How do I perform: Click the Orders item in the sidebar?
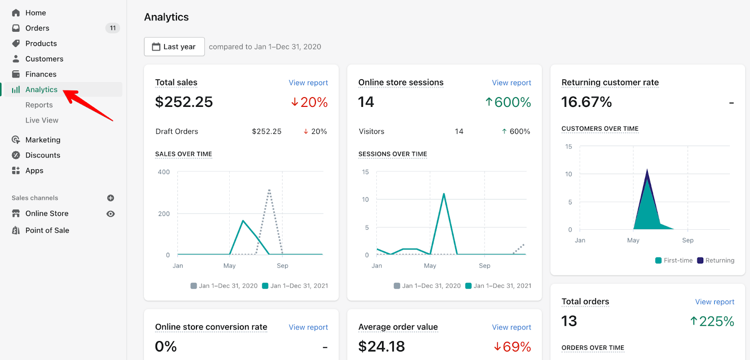pyautogui.click(x=37, y=28)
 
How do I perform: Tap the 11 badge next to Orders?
pyautogui.click(x=112, y=28)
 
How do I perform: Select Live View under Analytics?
pyautogui.click(x=42, y=120)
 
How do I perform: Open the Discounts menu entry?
pyautogui.click(x=43, y=155)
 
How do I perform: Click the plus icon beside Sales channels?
pyautogui.click(x=111, y=198)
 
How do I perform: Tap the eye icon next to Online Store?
pyautogui.click(x=111, y=214)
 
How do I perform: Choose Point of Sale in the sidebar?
pyautogui.click(x=47, y=230)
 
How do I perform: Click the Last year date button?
pyautogui.click(x=174, y=47)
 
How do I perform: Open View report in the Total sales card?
pyautogui.click(x=308, y=83)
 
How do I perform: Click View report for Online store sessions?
pyautogui.click(x=511, y=83)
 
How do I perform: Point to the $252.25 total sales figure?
pyautogui.click(x=184, y=102)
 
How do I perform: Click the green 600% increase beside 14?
pyautogui.click(x=508, y=102)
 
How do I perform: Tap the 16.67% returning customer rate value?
pyautogui.click(x=586, y=102)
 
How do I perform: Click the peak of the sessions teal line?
pyautogui.click(x=443, y=194)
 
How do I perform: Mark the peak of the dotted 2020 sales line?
pyautogui.click(x=269, y=190)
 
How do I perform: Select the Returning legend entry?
pyautogui.click(x=716, y=261)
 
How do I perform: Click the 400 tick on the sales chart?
pyautogui.click(x=164, y=172)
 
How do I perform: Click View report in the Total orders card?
pyautogui.click(x=714, y=302)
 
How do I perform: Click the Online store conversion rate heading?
pyautogui.click(x=211, y=327)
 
